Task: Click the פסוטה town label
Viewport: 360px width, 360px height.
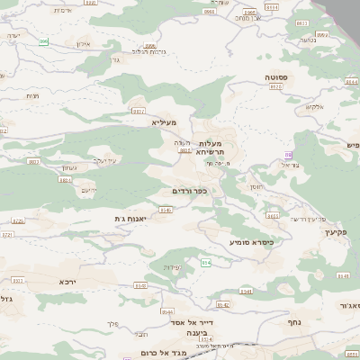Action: click(x=275, y=78)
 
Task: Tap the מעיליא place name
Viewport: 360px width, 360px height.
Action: click(x=165, y=122)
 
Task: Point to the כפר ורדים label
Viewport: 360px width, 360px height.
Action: click(x=190, y=191)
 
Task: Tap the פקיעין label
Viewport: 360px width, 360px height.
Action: click(x=333, y=232)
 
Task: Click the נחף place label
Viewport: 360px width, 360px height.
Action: click(x=293, y=320)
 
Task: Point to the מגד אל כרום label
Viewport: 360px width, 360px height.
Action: click(x=169, y=352)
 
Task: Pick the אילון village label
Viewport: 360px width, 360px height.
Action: click(x=83, y=44)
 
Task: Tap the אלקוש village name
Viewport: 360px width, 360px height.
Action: click(x=313, y=107)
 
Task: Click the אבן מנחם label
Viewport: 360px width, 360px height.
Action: click(x=248, y=18)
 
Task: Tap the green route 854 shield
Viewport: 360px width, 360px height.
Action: click(x=206, y=262)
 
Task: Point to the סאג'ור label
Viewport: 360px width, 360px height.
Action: click(x=349, y=307)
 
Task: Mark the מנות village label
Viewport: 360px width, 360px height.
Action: click(x=33, y=96)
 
